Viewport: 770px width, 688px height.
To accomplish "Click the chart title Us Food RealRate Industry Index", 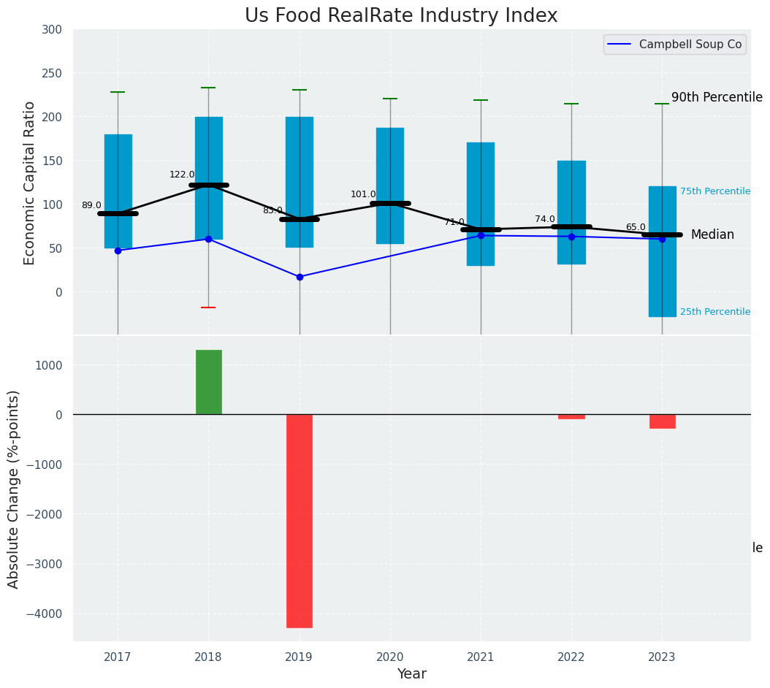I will click(x=401, y=16).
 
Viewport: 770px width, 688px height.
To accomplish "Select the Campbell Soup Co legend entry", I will click(x=690, y=45).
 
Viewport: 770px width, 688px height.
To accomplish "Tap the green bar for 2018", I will click(x=209, y=382).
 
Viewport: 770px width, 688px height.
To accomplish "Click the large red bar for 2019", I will click(x=300, y=521).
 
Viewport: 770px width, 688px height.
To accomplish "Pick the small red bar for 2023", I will click(x=662, y=421).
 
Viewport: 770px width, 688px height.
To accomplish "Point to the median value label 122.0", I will click(x=182, y=175).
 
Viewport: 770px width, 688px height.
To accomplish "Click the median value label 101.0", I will click(x=363, y=194).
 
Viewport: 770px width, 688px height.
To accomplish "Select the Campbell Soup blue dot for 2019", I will click(x=300, y=277).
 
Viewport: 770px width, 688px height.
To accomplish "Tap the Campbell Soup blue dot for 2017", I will click(x=118, y=251).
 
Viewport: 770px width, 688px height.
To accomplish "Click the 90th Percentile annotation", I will click(x=717, y=97).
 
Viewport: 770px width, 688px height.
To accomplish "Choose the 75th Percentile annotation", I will click(x=715, y=191).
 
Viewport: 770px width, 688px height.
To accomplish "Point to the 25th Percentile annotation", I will click(x=715, y=312).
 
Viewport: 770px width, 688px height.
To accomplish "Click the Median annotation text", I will click(x=712, y=234).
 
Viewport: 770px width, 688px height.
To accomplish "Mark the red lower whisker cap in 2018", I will click(x=208, y=307).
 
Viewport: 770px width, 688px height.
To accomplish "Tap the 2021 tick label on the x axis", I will click(x=481, y=657).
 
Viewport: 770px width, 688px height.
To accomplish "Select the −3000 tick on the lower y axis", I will click(x=43, y=564).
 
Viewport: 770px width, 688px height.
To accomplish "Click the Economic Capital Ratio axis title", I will click(x=30, y=183).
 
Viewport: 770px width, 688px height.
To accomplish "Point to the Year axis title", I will click(x=412, y=674).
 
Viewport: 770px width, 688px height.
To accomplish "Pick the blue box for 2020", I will click(x=390, y=186).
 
